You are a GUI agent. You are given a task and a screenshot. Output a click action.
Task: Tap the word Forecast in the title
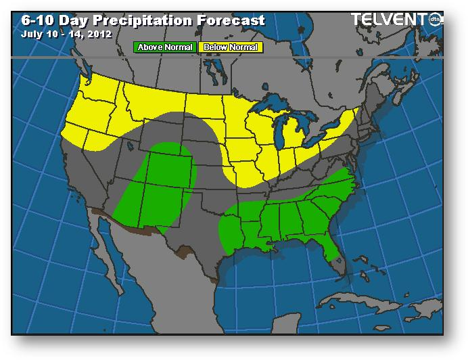point(231,20)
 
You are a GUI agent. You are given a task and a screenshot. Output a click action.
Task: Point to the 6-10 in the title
point(34,20)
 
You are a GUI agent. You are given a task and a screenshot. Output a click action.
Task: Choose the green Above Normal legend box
point(165,47)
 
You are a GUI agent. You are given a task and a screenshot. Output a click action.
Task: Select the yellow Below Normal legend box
point(231,47)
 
